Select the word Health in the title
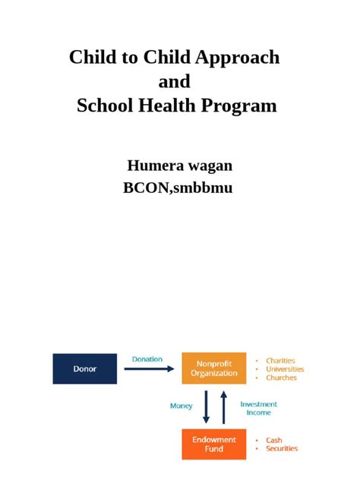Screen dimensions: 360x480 174,106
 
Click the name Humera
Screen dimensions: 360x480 157,165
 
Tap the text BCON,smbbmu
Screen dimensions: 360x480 178,187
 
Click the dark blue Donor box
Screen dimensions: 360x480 84,368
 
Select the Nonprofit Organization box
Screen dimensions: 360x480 213,368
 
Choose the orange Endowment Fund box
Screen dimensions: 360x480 213,444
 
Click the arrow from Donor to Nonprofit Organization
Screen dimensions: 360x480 149,369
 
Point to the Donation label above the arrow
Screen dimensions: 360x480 147,359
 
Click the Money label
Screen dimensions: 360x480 181,406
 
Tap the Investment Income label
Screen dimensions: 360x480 259,408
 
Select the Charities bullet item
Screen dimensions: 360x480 280,361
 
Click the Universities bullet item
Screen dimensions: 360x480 285,369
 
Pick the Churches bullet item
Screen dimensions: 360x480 281,377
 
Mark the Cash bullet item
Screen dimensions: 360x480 274,440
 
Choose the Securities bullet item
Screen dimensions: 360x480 282,448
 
